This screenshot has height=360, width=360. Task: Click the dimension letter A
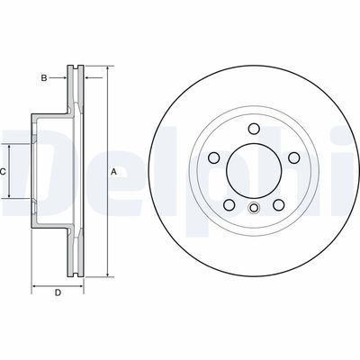click(113, 171)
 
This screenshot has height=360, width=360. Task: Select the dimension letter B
click(42, 78)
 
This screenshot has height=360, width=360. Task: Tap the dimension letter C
click(4, 171)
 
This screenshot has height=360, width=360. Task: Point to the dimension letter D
click(58, 293)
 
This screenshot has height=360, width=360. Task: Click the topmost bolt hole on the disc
click(254, 128)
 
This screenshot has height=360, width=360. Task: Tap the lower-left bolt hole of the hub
click(229, 204)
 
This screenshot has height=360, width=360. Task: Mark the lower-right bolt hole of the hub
click(279, 204)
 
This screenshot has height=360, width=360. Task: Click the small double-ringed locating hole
click(254, 210)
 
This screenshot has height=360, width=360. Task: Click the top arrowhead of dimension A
click(107, 68)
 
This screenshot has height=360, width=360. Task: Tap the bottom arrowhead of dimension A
click(107, 273)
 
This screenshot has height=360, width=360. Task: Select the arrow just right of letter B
click(63, 78)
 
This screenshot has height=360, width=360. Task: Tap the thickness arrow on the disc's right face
click(85, 78)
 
